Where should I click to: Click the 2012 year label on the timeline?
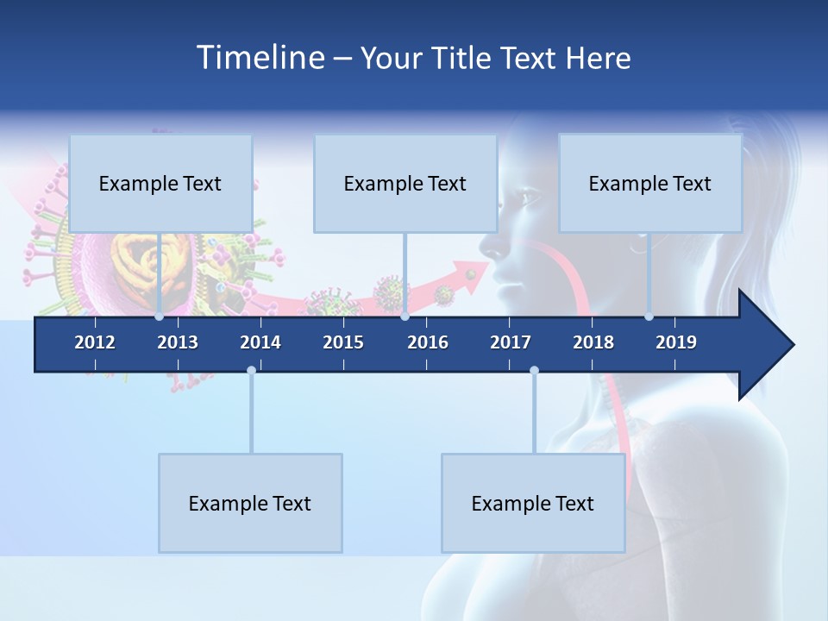[95, 342]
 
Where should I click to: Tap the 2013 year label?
[178, 342]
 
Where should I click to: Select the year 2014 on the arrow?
[260, 342]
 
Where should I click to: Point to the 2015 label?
[343, 342]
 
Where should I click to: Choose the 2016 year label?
[428, 342]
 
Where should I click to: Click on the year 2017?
[511, 342]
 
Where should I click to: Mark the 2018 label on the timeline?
[593, 342]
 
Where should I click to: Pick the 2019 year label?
[676, 342]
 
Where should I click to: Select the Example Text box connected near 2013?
[160, 183]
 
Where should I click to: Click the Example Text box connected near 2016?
[405, 183]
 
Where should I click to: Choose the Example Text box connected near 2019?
[650, 183]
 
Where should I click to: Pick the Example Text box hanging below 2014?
[250, 503]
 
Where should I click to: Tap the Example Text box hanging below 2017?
[533, 503]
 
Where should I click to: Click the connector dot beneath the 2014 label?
[251, 370]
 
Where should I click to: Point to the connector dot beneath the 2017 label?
[534, 370]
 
